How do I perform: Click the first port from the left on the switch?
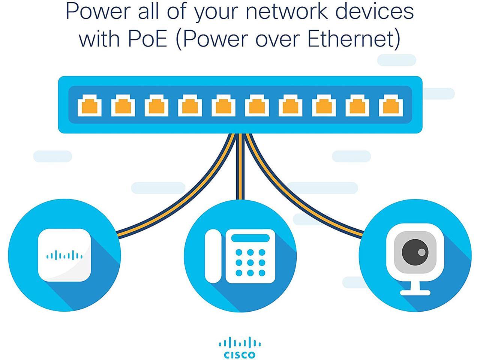tap(90, 106)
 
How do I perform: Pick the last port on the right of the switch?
tap(391, 106)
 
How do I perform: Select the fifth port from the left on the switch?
tap(223, 106)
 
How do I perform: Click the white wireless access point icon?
tap(64, 255)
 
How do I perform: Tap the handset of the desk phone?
tap(213, 256)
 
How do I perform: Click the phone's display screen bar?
tap(250, 238)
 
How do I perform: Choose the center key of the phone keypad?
tap(250, 262)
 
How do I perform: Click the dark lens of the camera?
tap(415, 252)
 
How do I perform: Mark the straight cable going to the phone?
tap(240, 166)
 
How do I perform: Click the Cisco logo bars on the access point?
tap(64, 255)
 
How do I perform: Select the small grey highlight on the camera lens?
tap(421, 252)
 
